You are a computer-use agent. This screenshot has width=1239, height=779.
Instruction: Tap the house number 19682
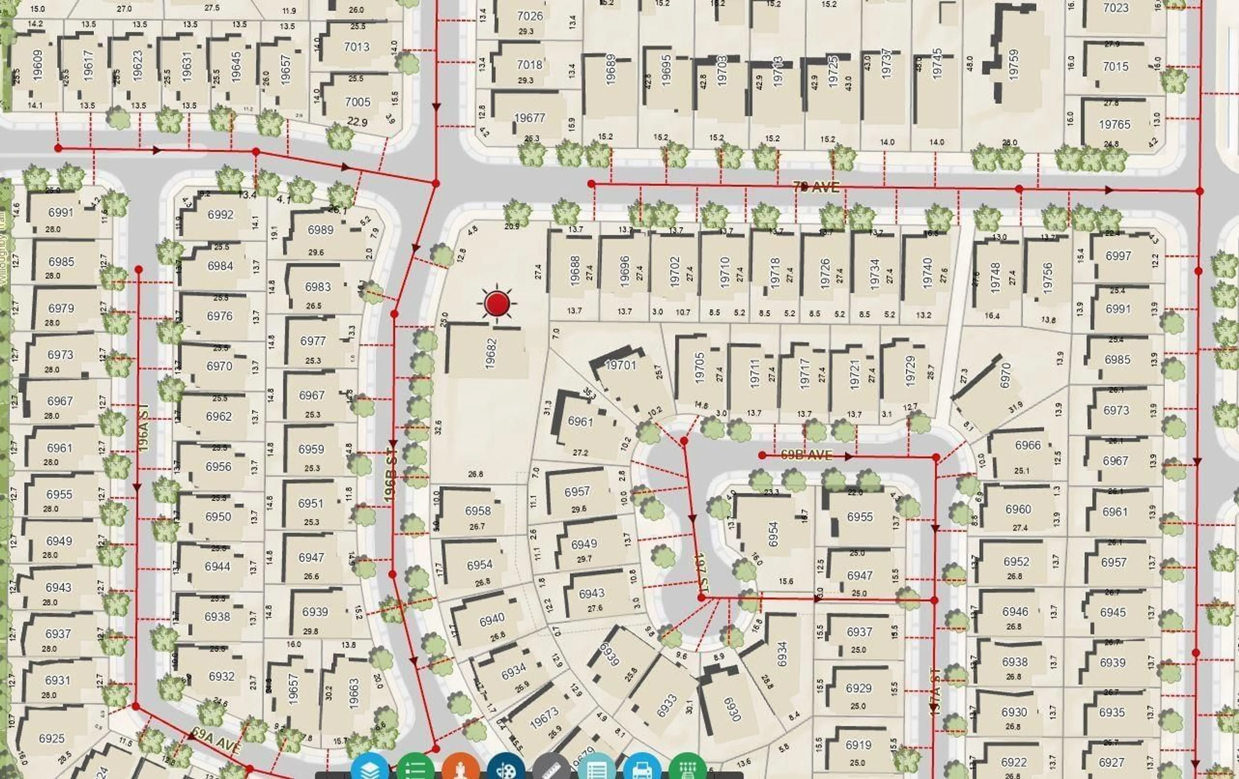(x=490, y=353)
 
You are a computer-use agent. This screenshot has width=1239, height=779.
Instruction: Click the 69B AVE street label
(x=806, y=455)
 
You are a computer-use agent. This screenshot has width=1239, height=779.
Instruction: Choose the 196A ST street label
(x=144, y=428)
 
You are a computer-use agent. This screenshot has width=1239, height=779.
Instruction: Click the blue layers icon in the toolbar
(x=369, y=769)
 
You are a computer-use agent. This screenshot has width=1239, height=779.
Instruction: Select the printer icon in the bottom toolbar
(x=642, y=769)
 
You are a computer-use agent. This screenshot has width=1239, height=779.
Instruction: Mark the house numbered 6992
(x=220, y=215)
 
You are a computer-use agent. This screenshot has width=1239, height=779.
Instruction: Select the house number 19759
(x=1013, y=64)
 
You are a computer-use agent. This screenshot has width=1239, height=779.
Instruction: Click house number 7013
(x=357, y=47)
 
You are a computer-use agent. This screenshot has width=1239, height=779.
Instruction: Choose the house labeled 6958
(x=478, y=511)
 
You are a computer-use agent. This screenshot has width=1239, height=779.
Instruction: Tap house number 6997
(x=1118, y=256)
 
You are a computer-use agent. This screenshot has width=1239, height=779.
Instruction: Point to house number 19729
(x=910, y=371)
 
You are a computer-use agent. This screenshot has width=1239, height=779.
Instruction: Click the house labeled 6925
(x=52, y=738)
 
